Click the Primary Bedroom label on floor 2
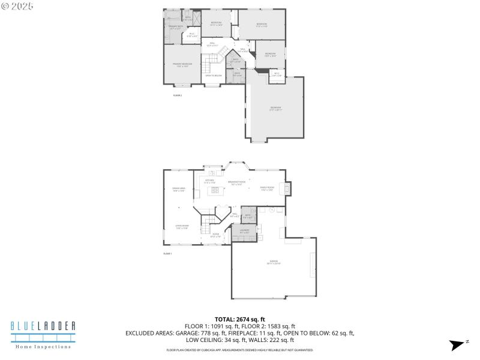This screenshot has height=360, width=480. (x=182, y=64)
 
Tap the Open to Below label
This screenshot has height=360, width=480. (x=214, y=76)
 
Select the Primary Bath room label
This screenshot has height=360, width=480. (x=175, y=28)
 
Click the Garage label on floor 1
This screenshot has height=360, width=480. (x=274, y=262)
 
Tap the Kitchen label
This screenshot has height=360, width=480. (x=209, y=181)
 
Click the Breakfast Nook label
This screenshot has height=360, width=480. (x=236, y=183)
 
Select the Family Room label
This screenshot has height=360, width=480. (x=266, y=189)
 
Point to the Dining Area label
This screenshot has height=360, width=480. (x=178, y=190)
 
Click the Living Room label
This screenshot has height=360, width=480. (x=182, y=227)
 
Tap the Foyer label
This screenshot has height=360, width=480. (x=215, y=236)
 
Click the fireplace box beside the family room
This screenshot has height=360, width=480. (x=287, y=189)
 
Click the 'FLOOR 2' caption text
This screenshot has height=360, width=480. (x=177, y=95)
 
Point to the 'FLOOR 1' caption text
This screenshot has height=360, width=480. (x=167, y=254)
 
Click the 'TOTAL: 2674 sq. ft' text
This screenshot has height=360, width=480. (x=239, y=319)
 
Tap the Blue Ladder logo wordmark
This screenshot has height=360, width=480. (x=43, y=326)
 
